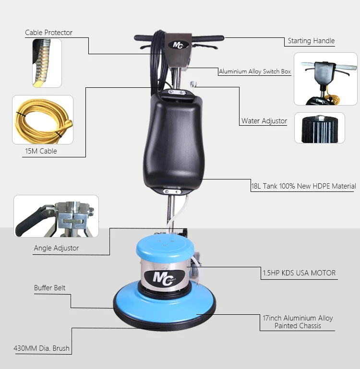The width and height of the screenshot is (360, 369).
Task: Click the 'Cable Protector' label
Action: [x=48, y=33]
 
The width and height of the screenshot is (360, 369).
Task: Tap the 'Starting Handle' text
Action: [x=311, y=41]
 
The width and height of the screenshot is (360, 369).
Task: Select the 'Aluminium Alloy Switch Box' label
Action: [x=255, y=71]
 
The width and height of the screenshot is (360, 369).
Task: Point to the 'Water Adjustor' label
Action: [x=264, y=121]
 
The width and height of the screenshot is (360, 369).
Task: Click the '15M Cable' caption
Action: [x=41, y=151]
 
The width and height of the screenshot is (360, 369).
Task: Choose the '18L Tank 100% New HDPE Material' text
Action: [x=303, y=186]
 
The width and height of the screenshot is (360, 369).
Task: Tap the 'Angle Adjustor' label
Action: [x=56, y=248]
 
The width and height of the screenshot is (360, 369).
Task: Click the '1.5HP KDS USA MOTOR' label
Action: [x=299, y=273]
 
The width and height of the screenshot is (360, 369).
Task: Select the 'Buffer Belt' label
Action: [x=49, y=288]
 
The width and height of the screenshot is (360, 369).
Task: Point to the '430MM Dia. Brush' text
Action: [x=42, y=348]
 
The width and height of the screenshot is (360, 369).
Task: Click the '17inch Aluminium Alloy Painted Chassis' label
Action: [x=298, y=322]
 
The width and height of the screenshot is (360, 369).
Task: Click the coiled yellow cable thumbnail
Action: [x=43, y=120]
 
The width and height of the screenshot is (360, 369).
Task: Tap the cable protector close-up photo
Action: [x=47, y=63]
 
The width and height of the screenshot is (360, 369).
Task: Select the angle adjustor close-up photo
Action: [x=56, y=216]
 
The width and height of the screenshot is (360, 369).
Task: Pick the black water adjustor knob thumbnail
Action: [x=320, y=128]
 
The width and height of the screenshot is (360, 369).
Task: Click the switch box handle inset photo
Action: [x=325, y=79]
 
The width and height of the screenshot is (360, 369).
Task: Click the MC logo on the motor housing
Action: [x=164, y=278]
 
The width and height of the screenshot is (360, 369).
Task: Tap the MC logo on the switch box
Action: [x=179, y=45]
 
